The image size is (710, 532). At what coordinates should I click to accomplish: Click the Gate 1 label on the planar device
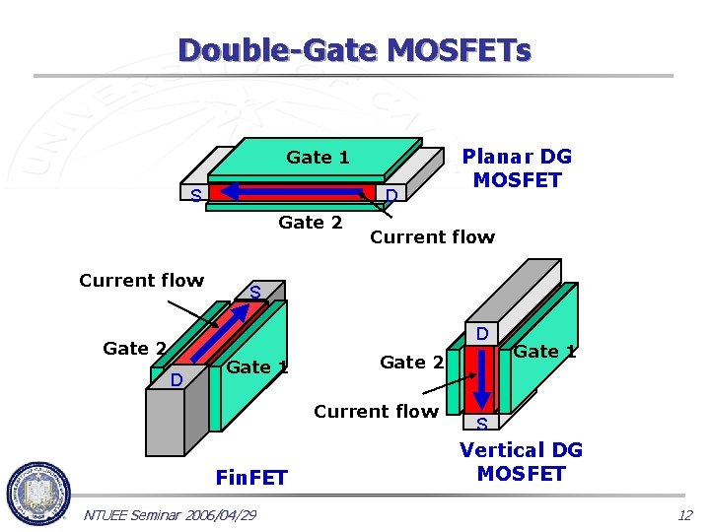pyautogui.click(x=318, y=157)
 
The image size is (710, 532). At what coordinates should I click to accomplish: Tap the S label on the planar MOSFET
pyautogui.click(x=196, y=195)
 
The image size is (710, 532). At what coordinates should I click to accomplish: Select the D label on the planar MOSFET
pyautogui.click(x=391, y=195)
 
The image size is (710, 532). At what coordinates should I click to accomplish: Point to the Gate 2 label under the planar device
pyautogui.click(x=311, y=222)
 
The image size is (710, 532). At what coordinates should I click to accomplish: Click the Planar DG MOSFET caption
pyautogui.click(x=517, y=168)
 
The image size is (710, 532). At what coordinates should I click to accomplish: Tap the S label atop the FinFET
pyautogui.click(x=254, y=293)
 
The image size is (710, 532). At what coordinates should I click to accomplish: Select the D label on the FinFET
pyautogui.click(x=175, y=379)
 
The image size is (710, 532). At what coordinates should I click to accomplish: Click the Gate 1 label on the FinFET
pyautogui.click(x=257, y=367)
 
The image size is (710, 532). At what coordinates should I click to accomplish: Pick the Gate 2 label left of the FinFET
pyautogui.click(x=134, y=348)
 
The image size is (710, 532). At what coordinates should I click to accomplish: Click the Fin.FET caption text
pyautogui.click(x=251, y=478)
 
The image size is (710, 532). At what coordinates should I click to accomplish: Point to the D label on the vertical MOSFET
pyautogui.click(x=483, y=334)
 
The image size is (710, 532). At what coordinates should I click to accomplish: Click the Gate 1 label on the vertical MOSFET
pyautogui.click(x=544, y=351)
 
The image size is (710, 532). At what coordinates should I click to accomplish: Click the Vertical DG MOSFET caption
pyautogui.click(x=521, y=461)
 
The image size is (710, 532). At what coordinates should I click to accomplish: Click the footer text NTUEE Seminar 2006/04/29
pyautogui.click(x=171, y=515)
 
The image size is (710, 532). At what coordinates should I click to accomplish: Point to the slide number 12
pyautogui.click(x=684, y=515)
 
